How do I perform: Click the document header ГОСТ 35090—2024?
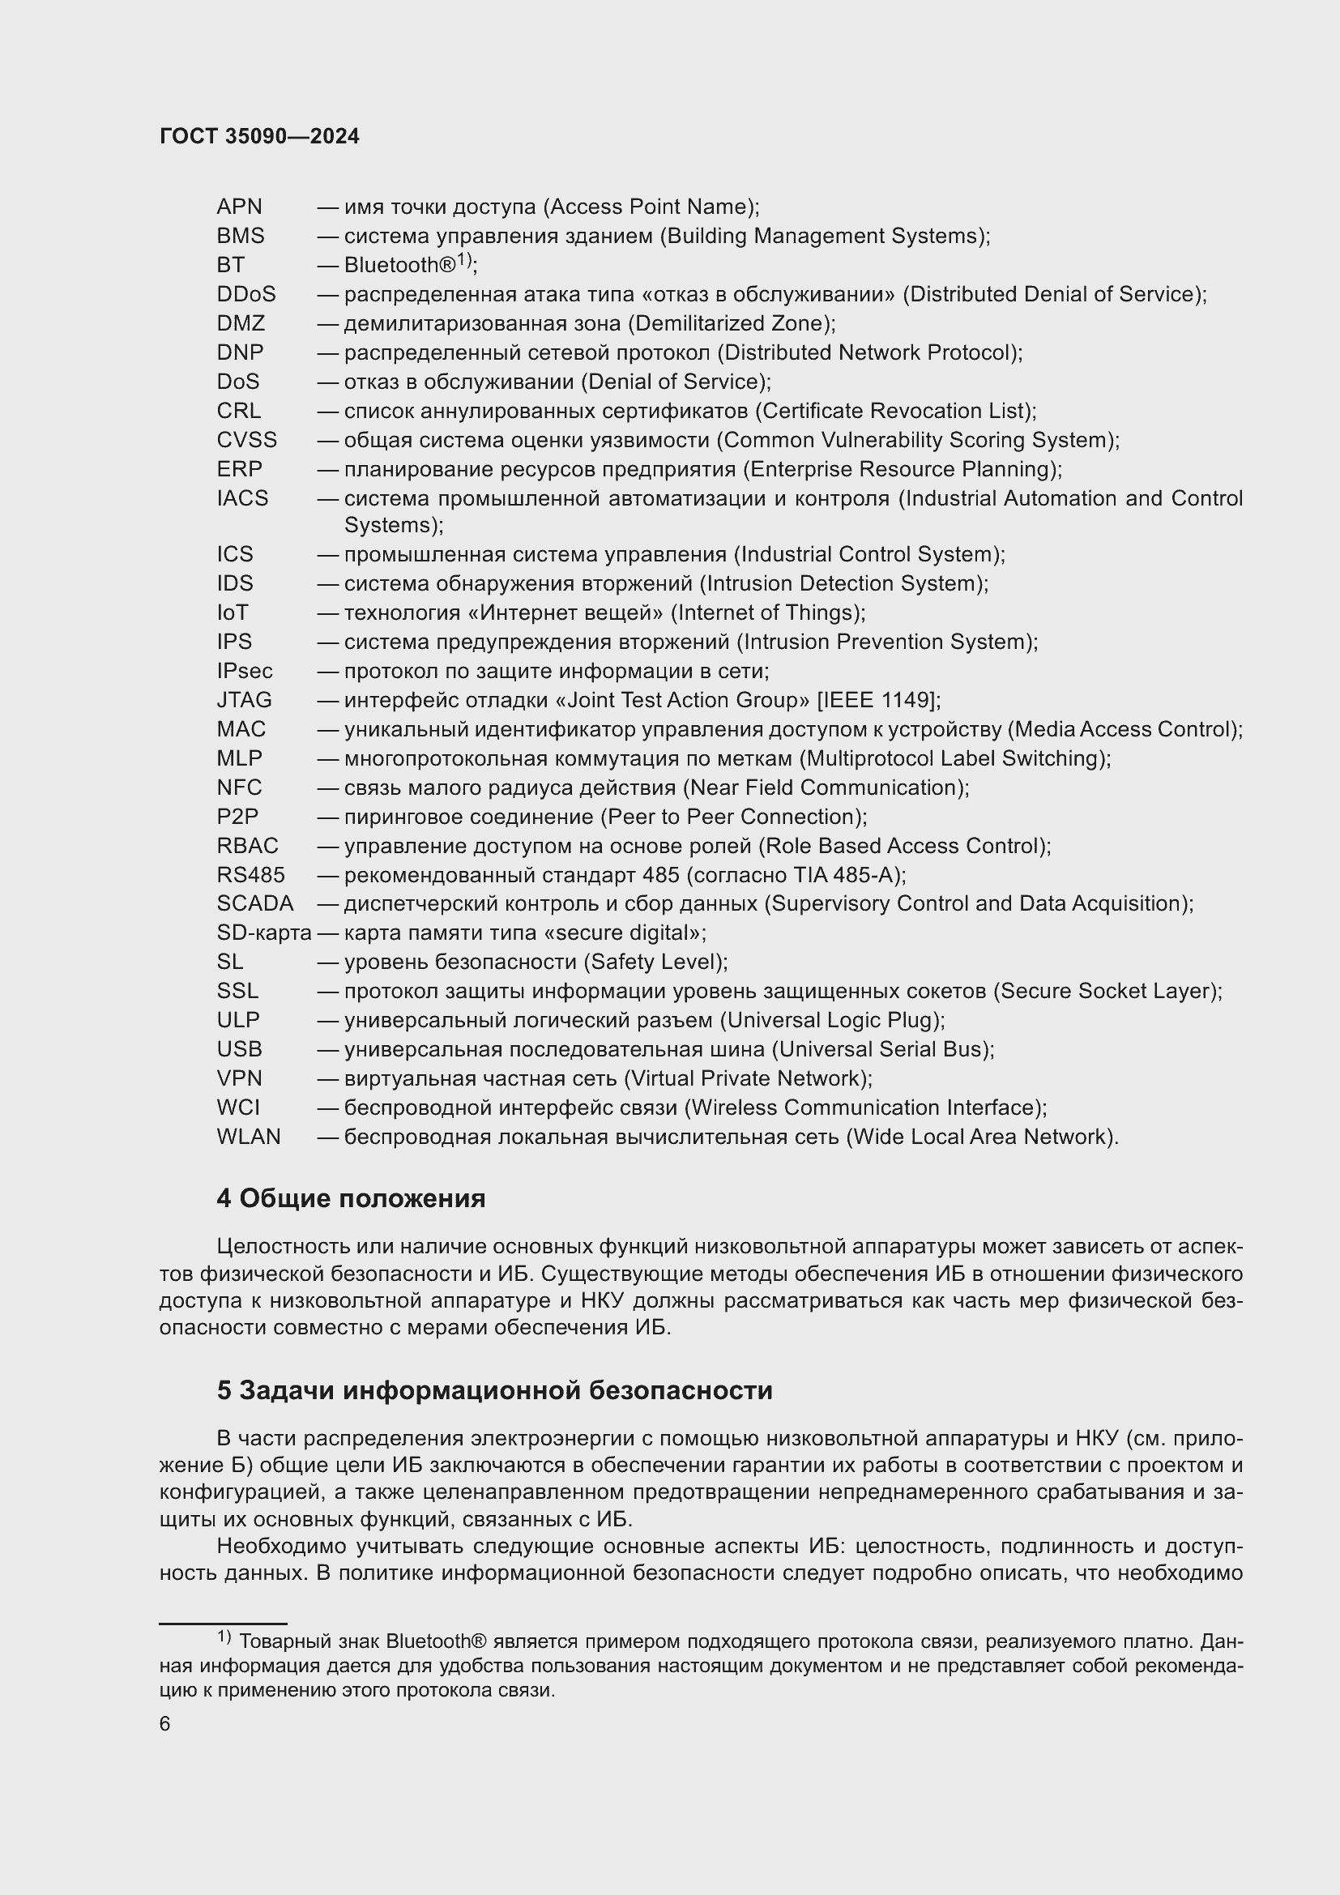[259, 137]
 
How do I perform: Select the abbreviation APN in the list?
[239, 207]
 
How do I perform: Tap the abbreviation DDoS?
[246, 294]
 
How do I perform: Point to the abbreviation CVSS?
[247, 440]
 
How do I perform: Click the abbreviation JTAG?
[244, 700]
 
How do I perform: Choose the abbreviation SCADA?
[255, 904]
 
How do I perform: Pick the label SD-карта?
[264, 933]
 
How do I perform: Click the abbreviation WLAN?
[249, 1137]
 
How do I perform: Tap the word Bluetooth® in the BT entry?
[399, 265]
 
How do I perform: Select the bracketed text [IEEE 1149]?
[877, 700]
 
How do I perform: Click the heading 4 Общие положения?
[351, 1198]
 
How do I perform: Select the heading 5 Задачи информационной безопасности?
[494, 1391]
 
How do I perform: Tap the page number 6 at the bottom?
[165, 1724]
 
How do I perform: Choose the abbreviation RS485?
[251, 875]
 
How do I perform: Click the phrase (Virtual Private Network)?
[747, 1078]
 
